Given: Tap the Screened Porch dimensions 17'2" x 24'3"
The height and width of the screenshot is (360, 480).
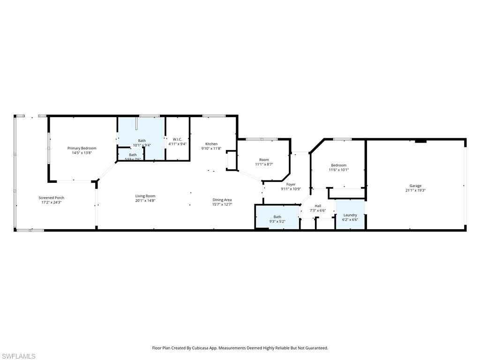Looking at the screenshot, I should [x=51, y=202].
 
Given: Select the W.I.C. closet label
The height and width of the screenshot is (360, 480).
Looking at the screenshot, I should [x=177, y=139].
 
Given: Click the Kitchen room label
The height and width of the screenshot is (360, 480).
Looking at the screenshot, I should [x=211, y=144].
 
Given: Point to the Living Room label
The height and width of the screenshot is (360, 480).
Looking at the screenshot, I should [x=145, y=196].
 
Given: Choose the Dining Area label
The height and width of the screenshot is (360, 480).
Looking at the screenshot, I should [x=222, y=200].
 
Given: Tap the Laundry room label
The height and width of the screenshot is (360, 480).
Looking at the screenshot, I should [x=350, y=215].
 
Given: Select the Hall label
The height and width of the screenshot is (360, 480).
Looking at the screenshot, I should [x=318, y=206].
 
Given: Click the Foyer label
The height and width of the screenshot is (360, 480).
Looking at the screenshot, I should [x=291, y=184].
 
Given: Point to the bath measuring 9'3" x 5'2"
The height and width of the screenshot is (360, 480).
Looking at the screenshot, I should [x=277, y=219].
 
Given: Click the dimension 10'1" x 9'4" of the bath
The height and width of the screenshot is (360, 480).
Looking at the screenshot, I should [x=142, y=145].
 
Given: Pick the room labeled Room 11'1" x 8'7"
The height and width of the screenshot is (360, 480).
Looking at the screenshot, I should [x=264, y=162].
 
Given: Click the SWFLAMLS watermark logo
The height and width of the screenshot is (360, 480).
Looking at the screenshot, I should [x=18, y=356].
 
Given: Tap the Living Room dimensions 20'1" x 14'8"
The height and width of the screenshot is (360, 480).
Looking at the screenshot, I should [x=145, y=201].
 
